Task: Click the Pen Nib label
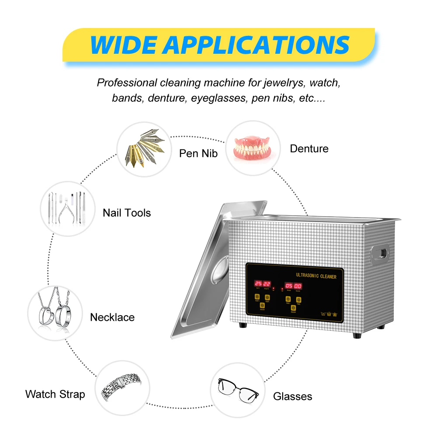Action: click(x=198, y=154)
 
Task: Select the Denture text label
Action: click(x=309, y=149)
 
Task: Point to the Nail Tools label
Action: click(x=127, y=213)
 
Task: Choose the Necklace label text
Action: click(x=112, y=317)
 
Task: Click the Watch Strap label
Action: click(x=55, y=394)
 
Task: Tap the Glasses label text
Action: click(x=293, y=396)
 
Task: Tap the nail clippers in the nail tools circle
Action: click(x=66, y=209)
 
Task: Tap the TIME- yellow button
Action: click(x=288, y=300)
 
